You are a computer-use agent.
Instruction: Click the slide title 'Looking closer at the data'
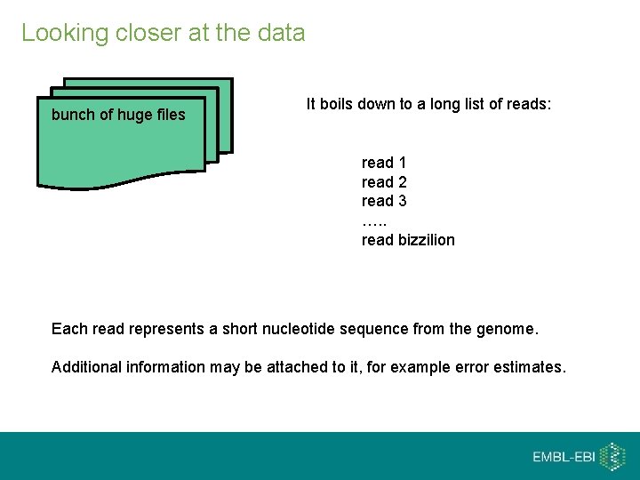[x=163, y=33]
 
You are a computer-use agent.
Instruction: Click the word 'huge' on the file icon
[x=136, y=115]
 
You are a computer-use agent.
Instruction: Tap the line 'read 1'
[x=384, y=163]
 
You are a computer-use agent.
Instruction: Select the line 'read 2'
[x=384, y=182]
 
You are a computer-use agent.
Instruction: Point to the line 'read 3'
[x=384, y=201]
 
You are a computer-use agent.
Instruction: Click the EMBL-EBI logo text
[x=564, y=457]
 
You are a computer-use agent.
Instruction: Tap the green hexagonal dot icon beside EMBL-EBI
[x=612, y=456]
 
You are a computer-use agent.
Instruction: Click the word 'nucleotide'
[x=297, y=330]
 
